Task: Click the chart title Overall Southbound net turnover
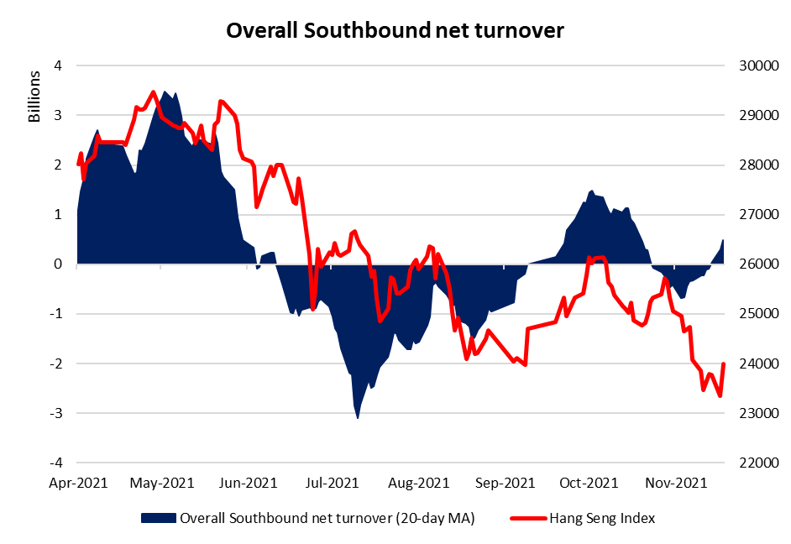pyautogui.click(x=395, y=31)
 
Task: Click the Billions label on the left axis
pyautogui.click(x=34, y=97)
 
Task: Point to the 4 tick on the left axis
pyautogui.click(x=58, y=65)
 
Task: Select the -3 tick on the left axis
pyautogui.click(x=55, y=414)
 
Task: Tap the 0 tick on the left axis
pyautogui.click(x=58, y=264)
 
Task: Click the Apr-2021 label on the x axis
pyautogui.click(x=77, y=483)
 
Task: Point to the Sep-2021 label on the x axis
pyautogui.click(x=506, y=483)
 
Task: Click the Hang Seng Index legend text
pyautogui.click(x=604, y=518)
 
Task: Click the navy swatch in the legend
pyautogui.click(x=159, y=518)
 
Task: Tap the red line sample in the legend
pyautogui.click(x=526, y=518)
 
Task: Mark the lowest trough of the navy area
pyautogui.click(x=358, y=417)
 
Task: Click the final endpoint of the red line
pyautogui.click(x=723, y=364)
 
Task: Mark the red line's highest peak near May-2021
pyautogui.click(x=153, y=92)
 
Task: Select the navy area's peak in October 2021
pyautogui.click(x=592, y=191)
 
